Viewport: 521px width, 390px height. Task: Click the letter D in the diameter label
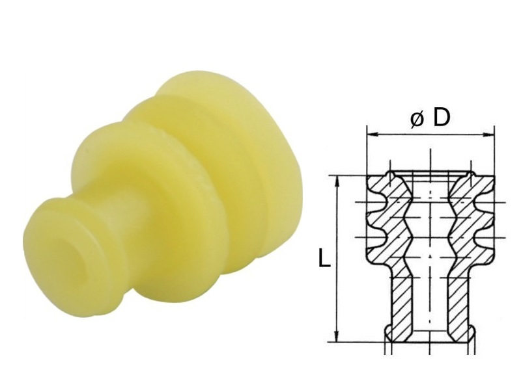point(442,118)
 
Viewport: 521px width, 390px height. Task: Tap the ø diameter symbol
point(417,120)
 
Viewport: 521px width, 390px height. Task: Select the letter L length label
point(324,258)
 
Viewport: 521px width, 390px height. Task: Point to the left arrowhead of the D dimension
point(373,135)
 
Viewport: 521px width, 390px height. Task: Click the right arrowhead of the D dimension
point(489,135)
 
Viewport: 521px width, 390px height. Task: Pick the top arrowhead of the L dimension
point(337,182)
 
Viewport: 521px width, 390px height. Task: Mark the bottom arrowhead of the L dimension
point(337,335)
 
